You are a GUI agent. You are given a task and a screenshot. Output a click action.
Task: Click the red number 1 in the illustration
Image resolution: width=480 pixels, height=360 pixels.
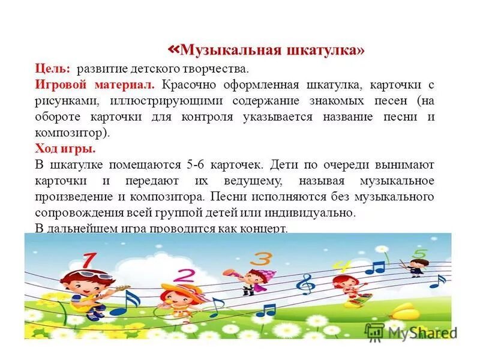click(x=88, y=261)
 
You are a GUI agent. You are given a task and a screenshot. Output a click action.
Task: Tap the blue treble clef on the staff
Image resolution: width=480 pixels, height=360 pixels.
click(x=306, y=284)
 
